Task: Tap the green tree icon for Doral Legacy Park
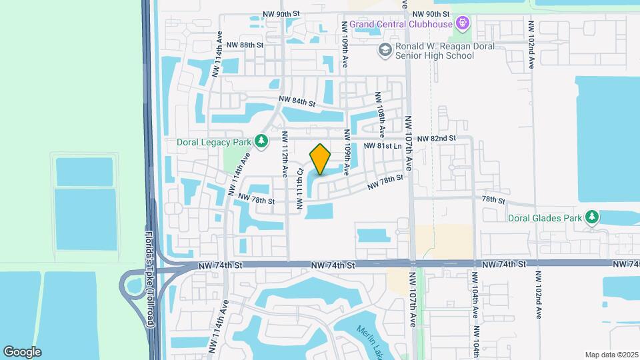tap(262, 141)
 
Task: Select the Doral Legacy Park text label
tap(213, 142)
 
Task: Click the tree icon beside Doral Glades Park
tap(591, 217)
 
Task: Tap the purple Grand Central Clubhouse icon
tap(463, 25)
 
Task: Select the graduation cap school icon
tap(385, 50)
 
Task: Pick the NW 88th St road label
tap(245, 45)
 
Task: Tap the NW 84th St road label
tap(297, 102)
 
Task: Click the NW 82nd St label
tap(436, 138)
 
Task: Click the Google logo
tap(22, 351)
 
